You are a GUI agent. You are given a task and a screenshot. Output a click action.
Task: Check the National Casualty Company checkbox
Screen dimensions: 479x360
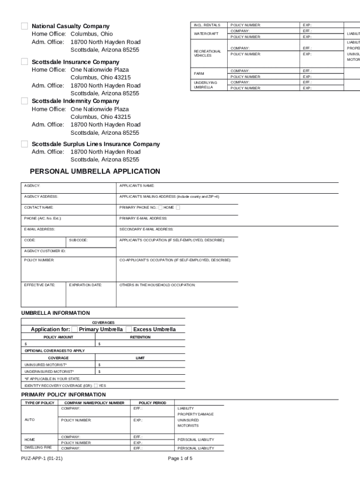24,26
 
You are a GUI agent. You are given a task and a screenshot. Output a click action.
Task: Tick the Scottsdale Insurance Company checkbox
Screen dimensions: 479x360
24,62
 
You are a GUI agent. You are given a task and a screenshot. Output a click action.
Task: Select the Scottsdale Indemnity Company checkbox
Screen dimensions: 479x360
24,101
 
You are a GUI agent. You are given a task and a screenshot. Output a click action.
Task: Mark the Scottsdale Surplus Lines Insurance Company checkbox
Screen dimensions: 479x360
24,144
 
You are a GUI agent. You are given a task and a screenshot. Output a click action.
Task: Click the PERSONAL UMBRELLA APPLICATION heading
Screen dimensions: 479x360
95,172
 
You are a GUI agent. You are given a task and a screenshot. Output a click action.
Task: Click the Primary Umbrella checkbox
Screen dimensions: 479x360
75,329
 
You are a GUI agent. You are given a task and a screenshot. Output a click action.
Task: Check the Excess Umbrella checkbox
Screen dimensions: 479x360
129,329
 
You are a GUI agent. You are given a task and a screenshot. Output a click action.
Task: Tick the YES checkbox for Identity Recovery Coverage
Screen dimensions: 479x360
96,386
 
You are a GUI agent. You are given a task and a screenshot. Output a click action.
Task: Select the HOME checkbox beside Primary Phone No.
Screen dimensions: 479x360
160,208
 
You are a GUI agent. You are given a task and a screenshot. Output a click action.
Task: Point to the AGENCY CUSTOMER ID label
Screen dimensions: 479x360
45,251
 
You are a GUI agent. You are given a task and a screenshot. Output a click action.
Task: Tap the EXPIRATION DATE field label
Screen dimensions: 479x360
86,285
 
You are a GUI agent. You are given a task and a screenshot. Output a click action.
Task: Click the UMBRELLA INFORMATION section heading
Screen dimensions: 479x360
56,313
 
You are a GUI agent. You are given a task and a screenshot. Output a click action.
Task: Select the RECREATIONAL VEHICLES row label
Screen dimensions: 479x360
207,53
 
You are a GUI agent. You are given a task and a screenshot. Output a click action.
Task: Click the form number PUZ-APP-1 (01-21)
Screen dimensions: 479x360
42,458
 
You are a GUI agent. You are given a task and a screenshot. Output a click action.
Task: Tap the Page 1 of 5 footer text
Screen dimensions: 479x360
180,458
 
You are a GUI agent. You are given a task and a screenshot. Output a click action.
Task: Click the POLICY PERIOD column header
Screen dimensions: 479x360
152,403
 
